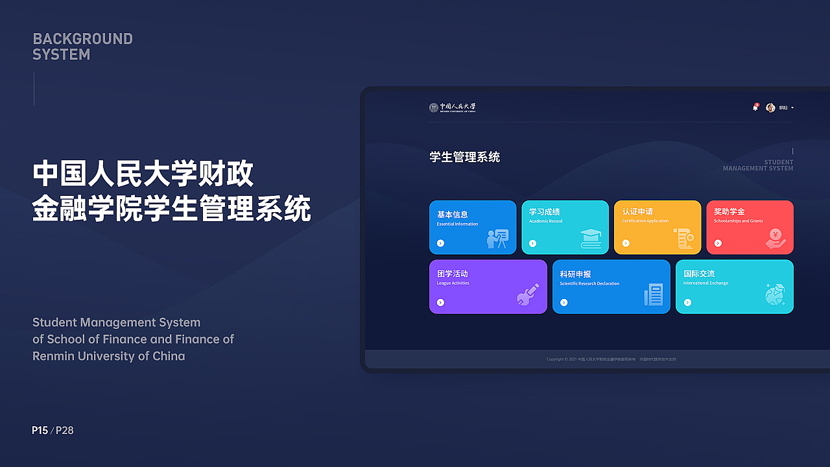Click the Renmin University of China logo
point(452,108)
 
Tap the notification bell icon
point(755,108)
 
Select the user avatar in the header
point(770,108)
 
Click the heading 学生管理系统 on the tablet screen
point(464,157)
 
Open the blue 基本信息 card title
point(452,214)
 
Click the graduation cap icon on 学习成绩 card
point(591,238)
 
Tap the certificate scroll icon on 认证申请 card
point(683,238)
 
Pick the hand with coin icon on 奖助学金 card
point(776,239)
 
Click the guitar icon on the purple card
point(527,295)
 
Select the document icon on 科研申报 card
point(654,294)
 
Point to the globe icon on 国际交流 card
point(775,294)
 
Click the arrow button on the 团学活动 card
point(440,302)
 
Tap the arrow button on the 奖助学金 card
point(718,243)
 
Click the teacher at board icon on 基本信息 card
point(497,239)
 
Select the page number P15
point(40,430)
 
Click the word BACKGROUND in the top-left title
point(82,39)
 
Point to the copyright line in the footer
point(611,359)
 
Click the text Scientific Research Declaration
point(589,283)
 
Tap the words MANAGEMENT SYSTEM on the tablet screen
point(758,169)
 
